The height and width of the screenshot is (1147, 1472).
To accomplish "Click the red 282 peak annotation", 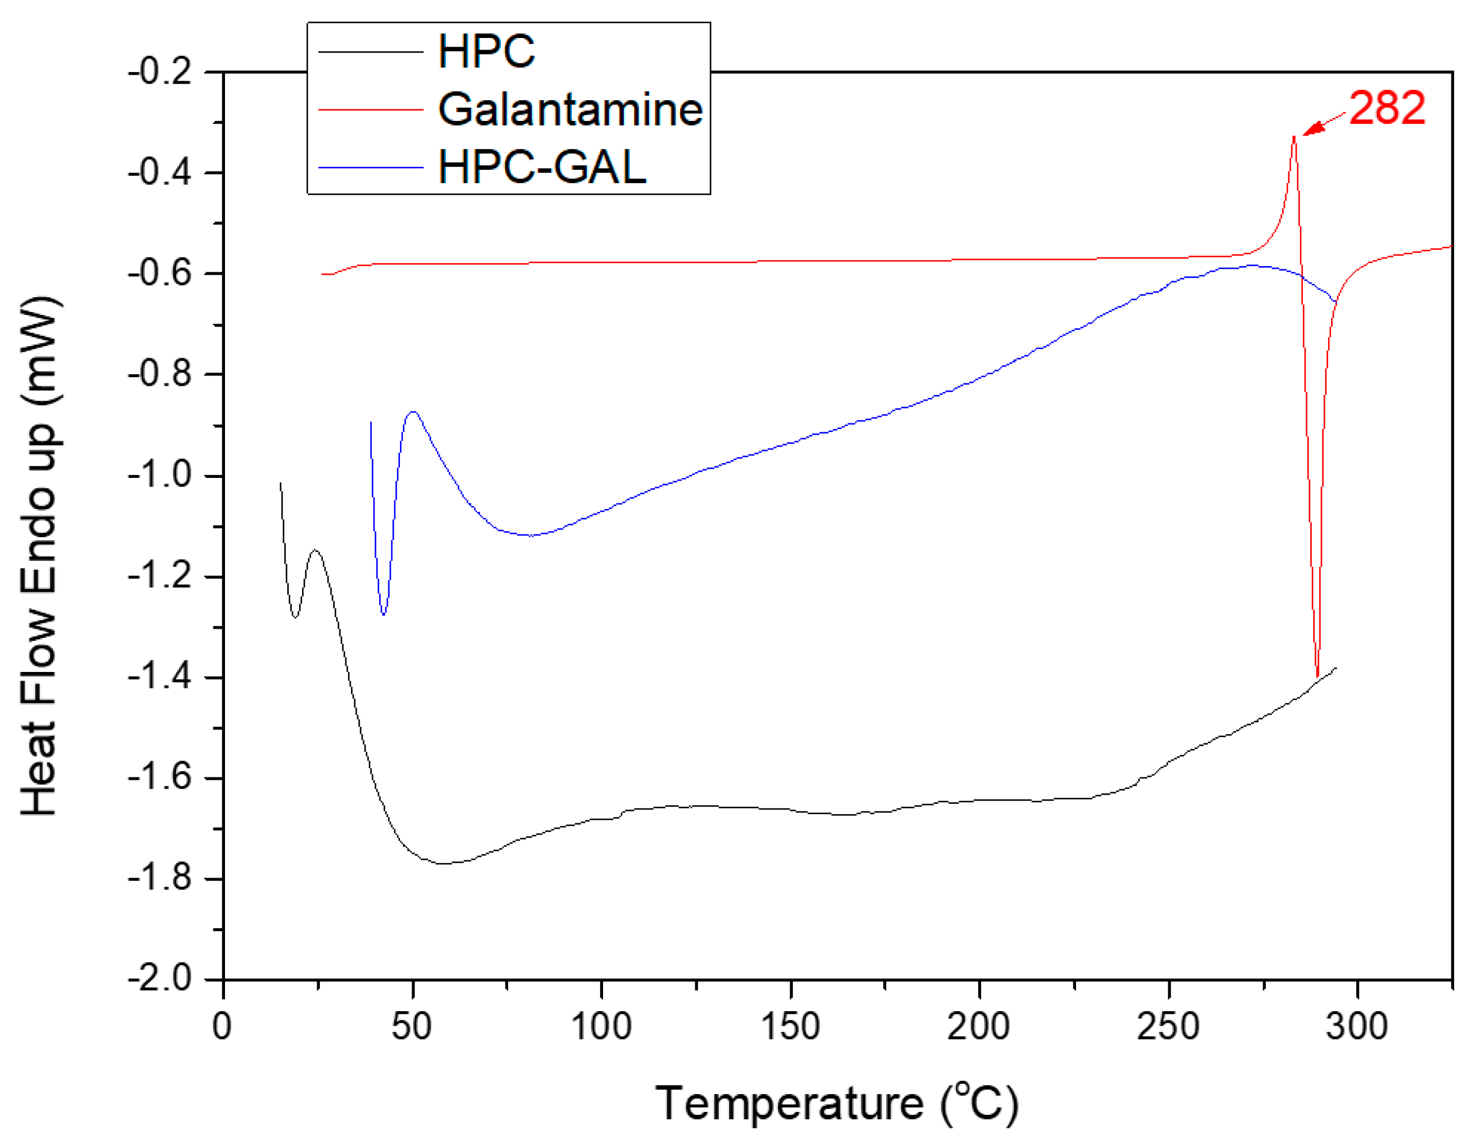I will [1387, 108].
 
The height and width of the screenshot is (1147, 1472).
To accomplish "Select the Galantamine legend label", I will [570, 109].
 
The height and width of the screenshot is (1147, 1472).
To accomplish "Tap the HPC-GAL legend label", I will [542, 166].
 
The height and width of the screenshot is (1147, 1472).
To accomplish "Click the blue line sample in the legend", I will [370, 167].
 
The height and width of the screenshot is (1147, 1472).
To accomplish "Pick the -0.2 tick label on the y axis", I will [161, 71].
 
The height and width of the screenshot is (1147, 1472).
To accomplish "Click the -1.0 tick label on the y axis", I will [161, 476].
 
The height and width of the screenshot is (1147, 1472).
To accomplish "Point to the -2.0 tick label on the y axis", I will [161, 979].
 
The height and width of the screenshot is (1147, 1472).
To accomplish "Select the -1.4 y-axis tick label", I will [161, 677].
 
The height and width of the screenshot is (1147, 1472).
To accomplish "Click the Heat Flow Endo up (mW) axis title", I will [39, 556].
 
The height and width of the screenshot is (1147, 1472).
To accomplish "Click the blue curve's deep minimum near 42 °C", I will [383, 614].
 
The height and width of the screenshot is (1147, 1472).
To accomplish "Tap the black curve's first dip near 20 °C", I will [295, 616].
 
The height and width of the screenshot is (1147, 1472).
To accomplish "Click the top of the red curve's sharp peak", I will [1294, 137].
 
